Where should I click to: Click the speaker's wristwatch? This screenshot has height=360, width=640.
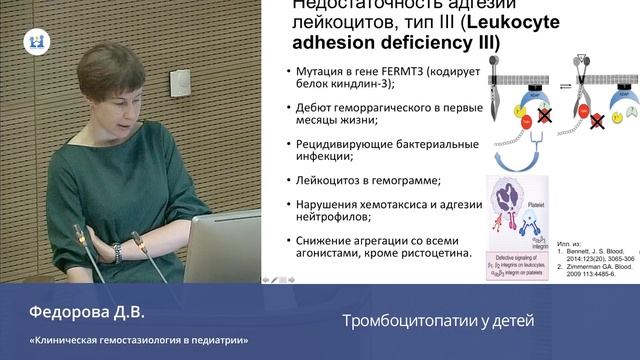pos(117,251)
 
